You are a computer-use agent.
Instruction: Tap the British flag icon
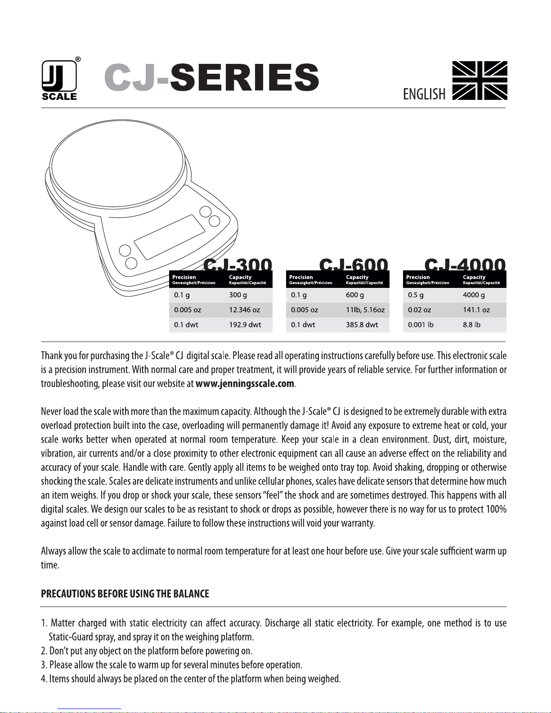pos(479,80)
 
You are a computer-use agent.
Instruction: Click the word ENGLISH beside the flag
pos(424,94)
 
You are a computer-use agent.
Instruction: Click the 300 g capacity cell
pos(238,295)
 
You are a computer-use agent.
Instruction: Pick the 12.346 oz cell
pos(244,310)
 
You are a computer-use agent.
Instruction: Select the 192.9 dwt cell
pos(245,325)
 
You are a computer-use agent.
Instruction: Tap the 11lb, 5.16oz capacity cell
pos(365,310)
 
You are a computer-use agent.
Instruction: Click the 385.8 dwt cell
pos(362,325)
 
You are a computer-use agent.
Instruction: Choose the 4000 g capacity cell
pos(474,295)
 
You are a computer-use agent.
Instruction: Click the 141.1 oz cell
pos(476,310)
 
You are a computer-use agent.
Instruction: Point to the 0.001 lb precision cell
pos(421,325)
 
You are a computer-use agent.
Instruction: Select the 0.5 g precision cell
pos(416,295)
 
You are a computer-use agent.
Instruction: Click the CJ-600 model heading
pos(354,265)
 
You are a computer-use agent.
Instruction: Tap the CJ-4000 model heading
pos(465,265)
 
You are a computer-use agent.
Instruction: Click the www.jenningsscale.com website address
pos(245,384)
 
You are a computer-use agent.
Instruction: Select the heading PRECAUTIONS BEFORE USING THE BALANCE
pos(125,594)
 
